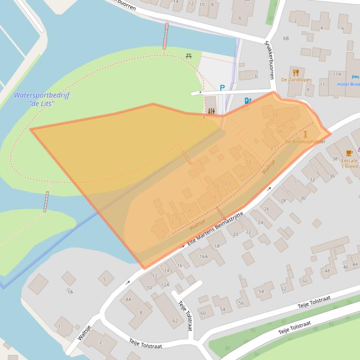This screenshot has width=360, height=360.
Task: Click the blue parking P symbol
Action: coord(222,87)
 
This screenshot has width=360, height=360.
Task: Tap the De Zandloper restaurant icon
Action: coord(296,72)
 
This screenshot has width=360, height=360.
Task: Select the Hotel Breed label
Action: coord(349,84)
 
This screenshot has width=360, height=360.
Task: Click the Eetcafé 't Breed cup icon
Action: coord(349,153)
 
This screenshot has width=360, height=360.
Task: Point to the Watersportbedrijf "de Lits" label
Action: coord(42,99)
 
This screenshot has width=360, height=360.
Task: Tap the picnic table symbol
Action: coord(189,56)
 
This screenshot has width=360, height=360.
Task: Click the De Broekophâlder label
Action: coord(305,141)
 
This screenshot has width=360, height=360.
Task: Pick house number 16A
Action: coord(204,256)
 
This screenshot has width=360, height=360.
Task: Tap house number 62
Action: coord(175,321)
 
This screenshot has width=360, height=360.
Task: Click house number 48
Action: coord(327,271)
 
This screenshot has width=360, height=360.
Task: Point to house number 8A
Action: coord(128,299)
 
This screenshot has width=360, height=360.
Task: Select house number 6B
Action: coord(286,38)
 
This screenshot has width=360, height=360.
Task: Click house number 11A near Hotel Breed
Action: coord(337,74)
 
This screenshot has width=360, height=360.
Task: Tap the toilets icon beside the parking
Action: coord(248,100)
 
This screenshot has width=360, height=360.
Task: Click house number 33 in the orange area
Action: coord(275,115)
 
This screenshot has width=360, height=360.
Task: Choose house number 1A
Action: coord(70,292)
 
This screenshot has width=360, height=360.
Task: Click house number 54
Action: coord(261,291)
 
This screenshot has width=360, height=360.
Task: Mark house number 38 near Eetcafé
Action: coord(335,159)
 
